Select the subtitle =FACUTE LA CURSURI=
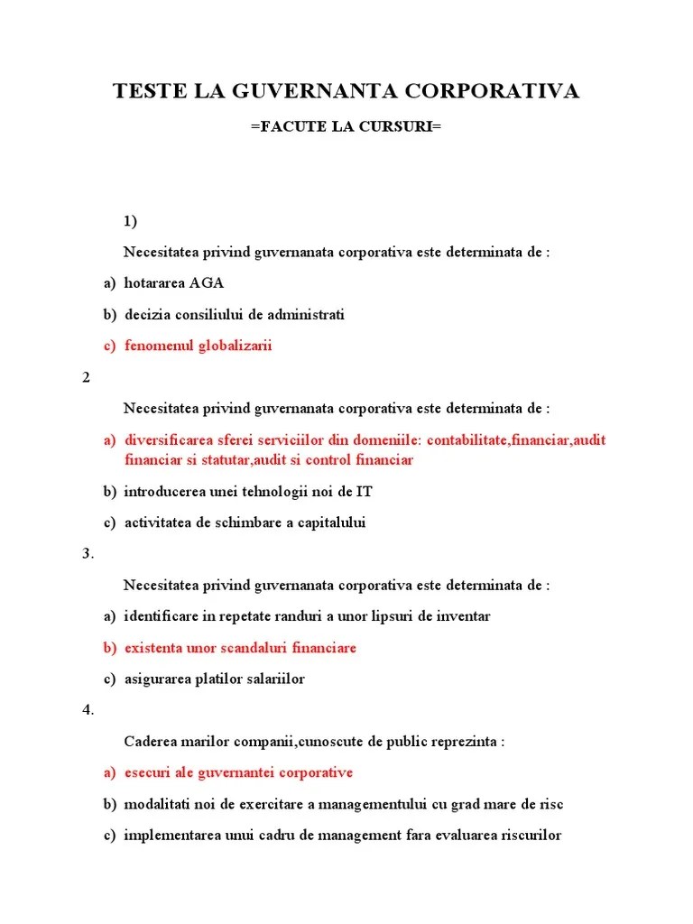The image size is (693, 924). point(346,127)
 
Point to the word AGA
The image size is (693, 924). point(207,283)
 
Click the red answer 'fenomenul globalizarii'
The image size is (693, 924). point(199,346)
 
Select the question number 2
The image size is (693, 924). point(87,377)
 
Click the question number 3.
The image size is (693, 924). point(88,554)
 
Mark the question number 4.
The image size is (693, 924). point(88,710)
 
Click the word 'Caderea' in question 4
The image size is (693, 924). point(148,742)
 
